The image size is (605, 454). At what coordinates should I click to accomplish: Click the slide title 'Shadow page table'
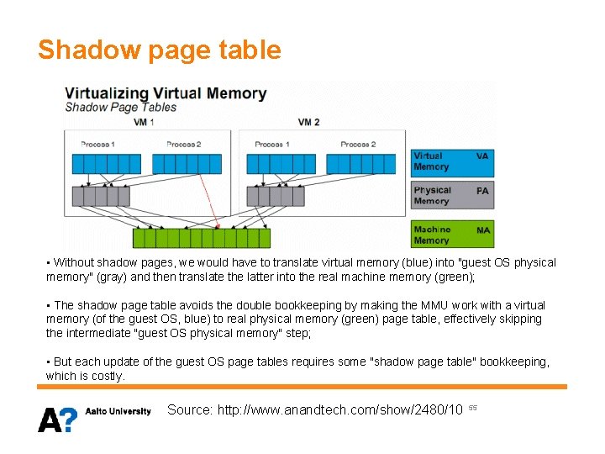159,50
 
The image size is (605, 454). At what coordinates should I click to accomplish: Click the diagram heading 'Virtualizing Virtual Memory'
166,93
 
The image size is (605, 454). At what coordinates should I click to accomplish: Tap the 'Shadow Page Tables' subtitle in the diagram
121,108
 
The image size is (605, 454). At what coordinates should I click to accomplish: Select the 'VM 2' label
308,123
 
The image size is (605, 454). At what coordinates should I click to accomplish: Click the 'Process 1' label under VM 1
97,145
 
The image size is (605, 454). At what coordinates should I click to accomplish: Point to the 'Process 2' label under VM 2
358,145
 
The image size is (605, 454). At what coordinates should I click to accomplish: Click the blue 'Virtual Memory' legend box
451,161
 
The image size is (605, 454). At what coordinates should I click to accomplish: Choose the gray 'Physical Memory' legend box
451,196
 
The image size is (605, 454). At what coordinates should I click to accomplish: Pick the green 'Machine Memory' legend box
451,235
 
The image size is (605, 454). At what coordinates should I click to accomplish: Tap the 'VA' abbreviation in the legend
482,156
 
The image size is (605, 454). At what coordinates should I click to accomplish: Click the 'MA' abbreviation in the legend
483,230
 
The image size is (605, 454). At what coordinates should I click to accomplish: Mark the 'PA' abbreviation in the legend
482,192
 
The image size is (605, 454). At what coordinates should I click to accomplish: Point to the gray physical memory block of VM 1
101,197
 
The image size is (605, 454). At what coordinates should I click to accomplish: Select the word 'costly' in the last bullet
105,376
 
